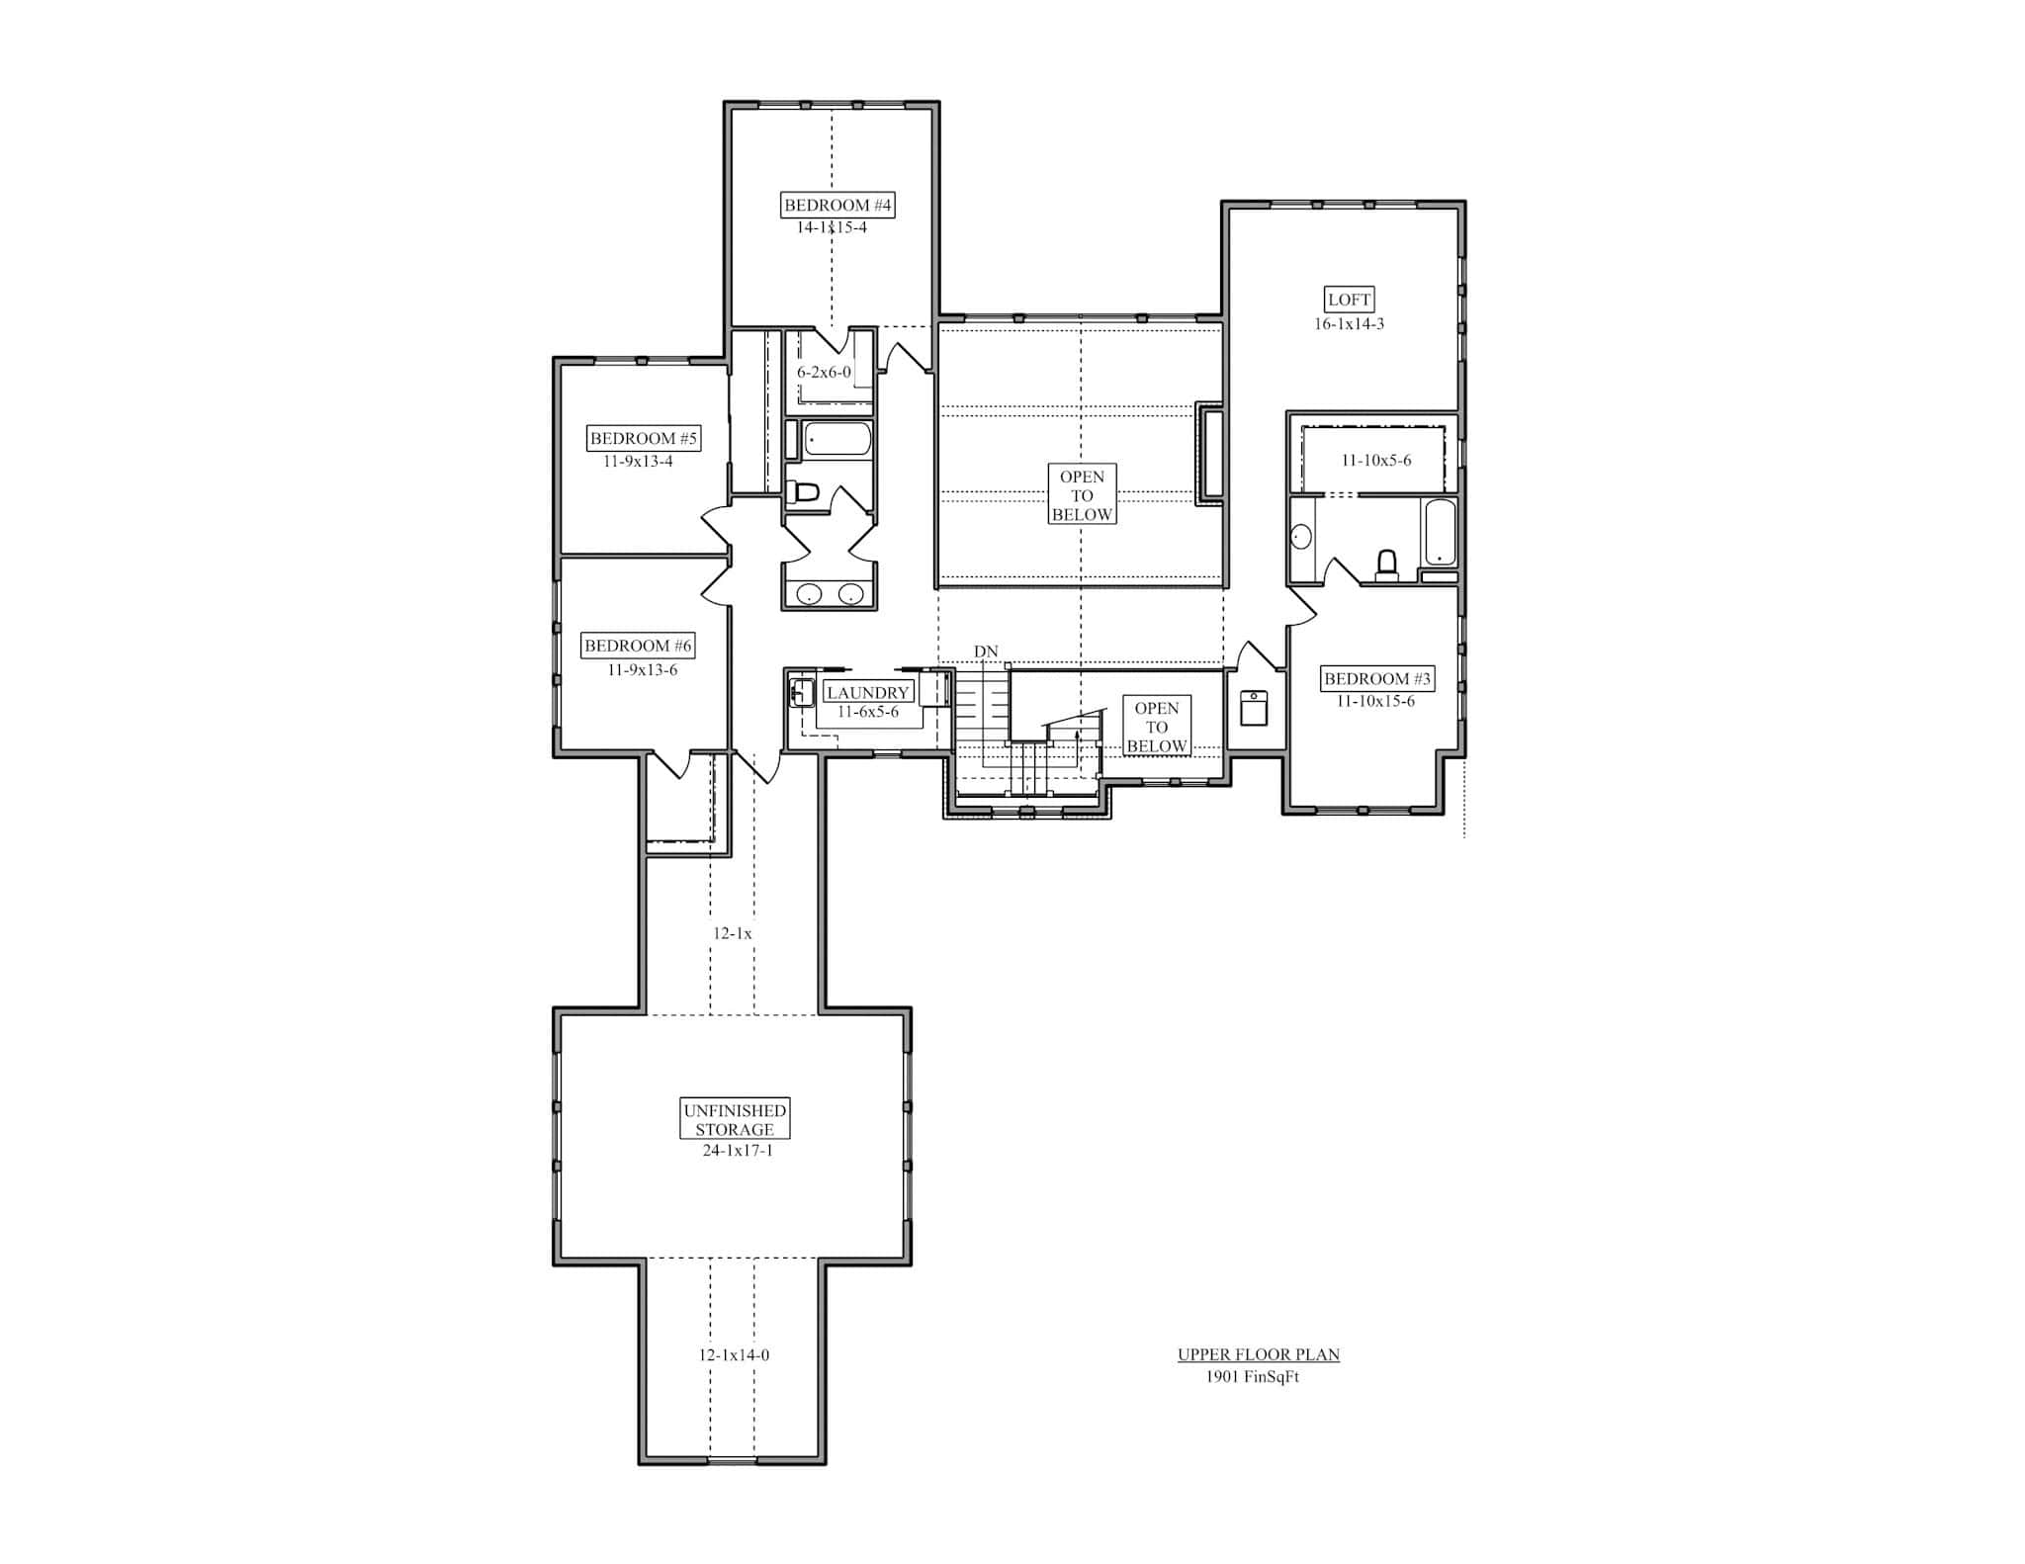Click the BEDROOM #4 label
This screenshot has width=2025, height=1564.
[x=837, y=206]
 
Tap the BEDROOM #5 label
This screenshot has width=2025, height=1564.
[x=644, y=438]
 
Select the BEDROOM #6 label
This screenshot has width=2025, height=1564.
[x=638, y=646]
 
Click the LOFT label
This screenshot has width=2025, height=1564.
[x=1349, y=300]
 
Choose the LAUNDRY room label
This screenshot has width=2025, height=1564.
[x=867, y=693]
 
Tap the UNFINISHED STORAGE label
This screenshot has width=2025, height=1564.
[x=735, y=1120]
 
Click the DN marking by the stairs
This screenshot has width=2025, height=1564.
[x=986, y=652]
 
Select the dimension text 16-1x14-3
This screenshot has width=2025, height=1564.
[x=1349, y=324]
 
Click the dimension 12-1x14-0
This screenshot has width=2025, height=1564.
[x=734, y=1355]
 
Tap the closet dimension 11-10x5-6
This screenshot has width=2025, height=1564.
[x=1375, y=461]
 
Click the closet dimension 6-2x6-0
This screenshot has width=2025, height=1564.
[x=824, y=373]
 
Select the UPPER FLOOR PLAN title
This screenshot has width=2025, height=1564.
[x=1258, y=1354]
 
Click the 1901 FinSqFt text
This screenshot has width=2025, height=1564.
[x=1252, y=1377]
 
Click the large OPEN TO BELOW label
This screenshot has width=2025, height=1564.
[x=1082, y=495]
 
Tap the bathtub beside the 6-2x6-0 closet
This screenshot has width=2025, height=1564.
[x=837, y=439]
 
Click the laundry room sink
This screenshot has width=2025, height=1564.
[x=802, y=694]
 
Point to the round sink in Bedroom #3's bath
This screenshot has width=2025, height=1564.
[x=1301, y=537]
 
